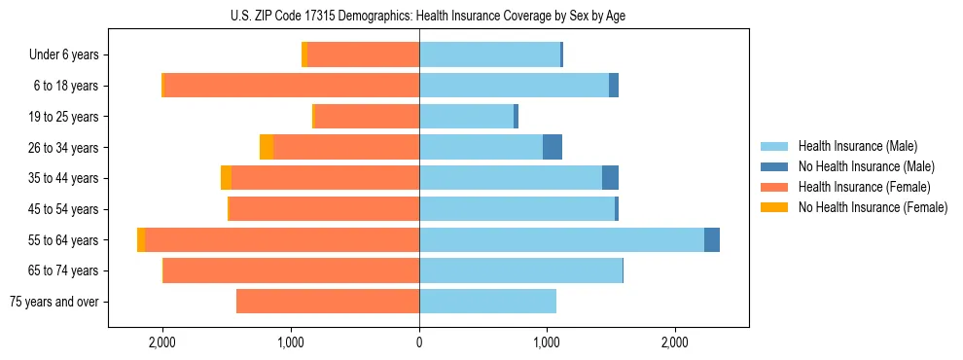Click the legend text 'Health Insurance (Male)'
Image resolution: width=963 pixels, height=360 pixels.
858,146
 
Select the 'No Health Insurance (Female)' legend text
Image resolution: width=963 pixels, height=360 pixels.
873,207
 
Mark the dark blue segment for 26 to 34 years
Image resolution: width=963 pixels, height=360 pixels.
553,147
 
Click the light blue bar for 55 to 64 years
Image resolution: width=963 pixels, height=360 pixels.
561,239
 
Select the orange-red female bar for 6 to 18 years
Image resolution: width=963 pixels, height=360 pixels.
292,86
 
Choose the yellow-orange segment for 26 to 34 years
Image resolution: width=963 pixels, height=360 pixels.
267,147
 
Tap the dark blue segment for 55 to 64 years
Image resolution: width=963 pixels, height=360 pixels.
712,239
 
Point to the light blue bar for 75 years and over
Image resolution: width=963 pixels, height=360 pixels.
487,302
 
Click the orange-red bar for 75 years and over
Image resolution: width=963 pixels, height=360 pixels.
328,302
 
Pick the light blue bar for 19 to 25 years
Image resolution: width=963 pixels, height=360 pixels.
466,117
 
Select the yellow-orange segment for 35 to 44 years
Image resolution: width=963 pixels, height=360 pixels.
227,178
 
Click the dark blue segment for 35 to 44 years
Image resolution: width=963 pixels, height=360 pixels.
610,178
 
